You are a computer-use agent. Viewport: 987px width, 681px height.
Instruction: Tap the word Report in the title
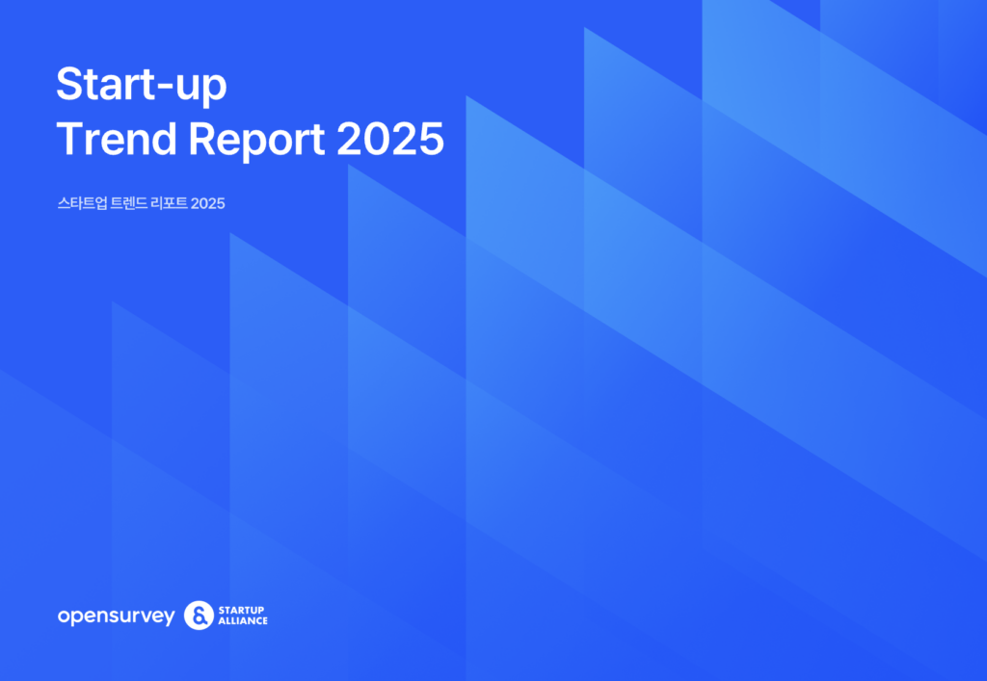pos(256,142)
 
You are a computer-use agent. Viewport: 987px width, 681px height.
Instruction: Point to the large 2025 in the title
pos(390,139)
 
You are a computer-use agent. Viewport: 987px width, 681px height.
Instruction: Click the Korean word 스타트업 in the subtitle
pos(83,203)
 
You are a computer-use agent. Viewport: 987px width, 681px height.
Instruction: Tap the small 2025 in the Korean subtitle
pos(208,203)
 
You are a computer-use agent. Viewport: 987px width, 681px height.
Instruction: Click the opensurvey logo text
pos(116,616)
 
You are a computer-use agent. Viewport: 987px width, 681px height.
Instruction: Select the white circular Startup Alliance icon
pos(199,615)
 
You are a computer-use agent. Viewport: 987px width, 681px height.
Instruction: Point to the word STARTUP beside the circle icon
pos(241,610)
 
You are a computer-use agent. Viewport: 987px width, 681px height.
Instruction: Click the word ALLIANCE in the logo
pos(243,620)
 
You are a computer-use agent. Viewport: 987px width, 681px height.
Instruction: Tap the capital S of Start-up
pos(70,84)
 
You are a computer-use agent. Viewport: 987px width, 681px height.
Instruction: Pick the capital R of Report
pos(202,139)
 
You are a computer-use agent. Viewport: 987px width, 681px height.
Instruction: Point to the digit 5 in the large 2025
pos(431,139)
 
